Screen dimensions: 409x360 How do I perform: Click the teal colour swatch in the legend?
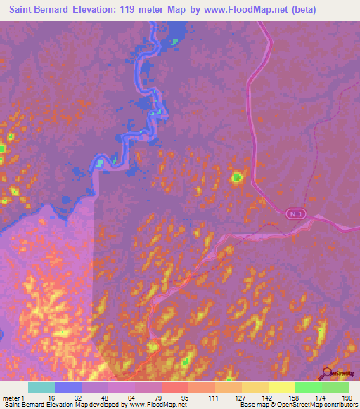point(41,387)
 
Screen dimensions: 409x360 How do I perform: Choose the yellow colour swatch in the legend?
point(282,387)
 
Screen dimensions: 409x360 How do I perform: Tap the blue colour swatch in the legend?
point(68,387)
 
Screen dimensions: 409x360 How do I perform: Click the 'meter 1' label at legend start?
point(13,397)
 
